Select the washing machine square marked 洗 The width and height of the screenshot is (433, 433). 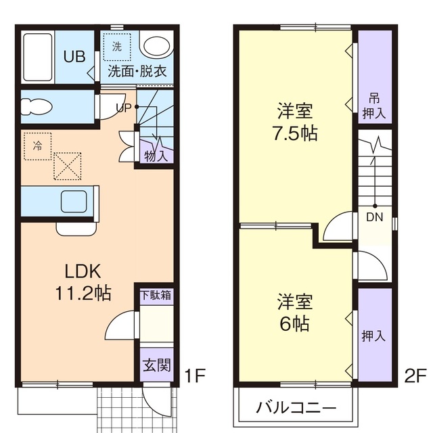(x=117, y=48)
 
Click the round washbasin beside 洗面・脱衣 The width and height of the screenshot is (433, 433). (x=158, y=48)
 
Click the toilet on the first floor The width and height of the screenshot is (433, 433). (x=41, y=106)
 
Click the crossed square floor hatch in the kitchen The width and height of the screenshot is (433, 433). (x=67, y=166)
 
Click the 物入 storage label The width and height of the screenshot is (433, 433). (x=156, y=156)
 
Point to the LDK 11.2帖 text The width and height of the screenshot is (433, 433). (x=83, y=282)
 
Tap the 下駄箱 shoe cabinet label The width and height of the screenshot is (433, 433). (x=156, y=295)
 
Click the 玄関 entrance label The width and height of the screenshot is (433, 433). (x=156, y=366)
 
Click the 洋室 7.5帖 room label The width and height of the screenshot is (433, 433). (x=296, y=122)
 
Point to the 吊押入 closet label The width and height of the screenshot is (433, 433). (x=374, y=105)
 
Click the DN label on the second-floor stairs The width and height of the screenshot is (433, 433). (x=374, y=217)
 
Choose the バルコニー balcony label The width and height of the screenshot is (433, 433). (x=296, y=409)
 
